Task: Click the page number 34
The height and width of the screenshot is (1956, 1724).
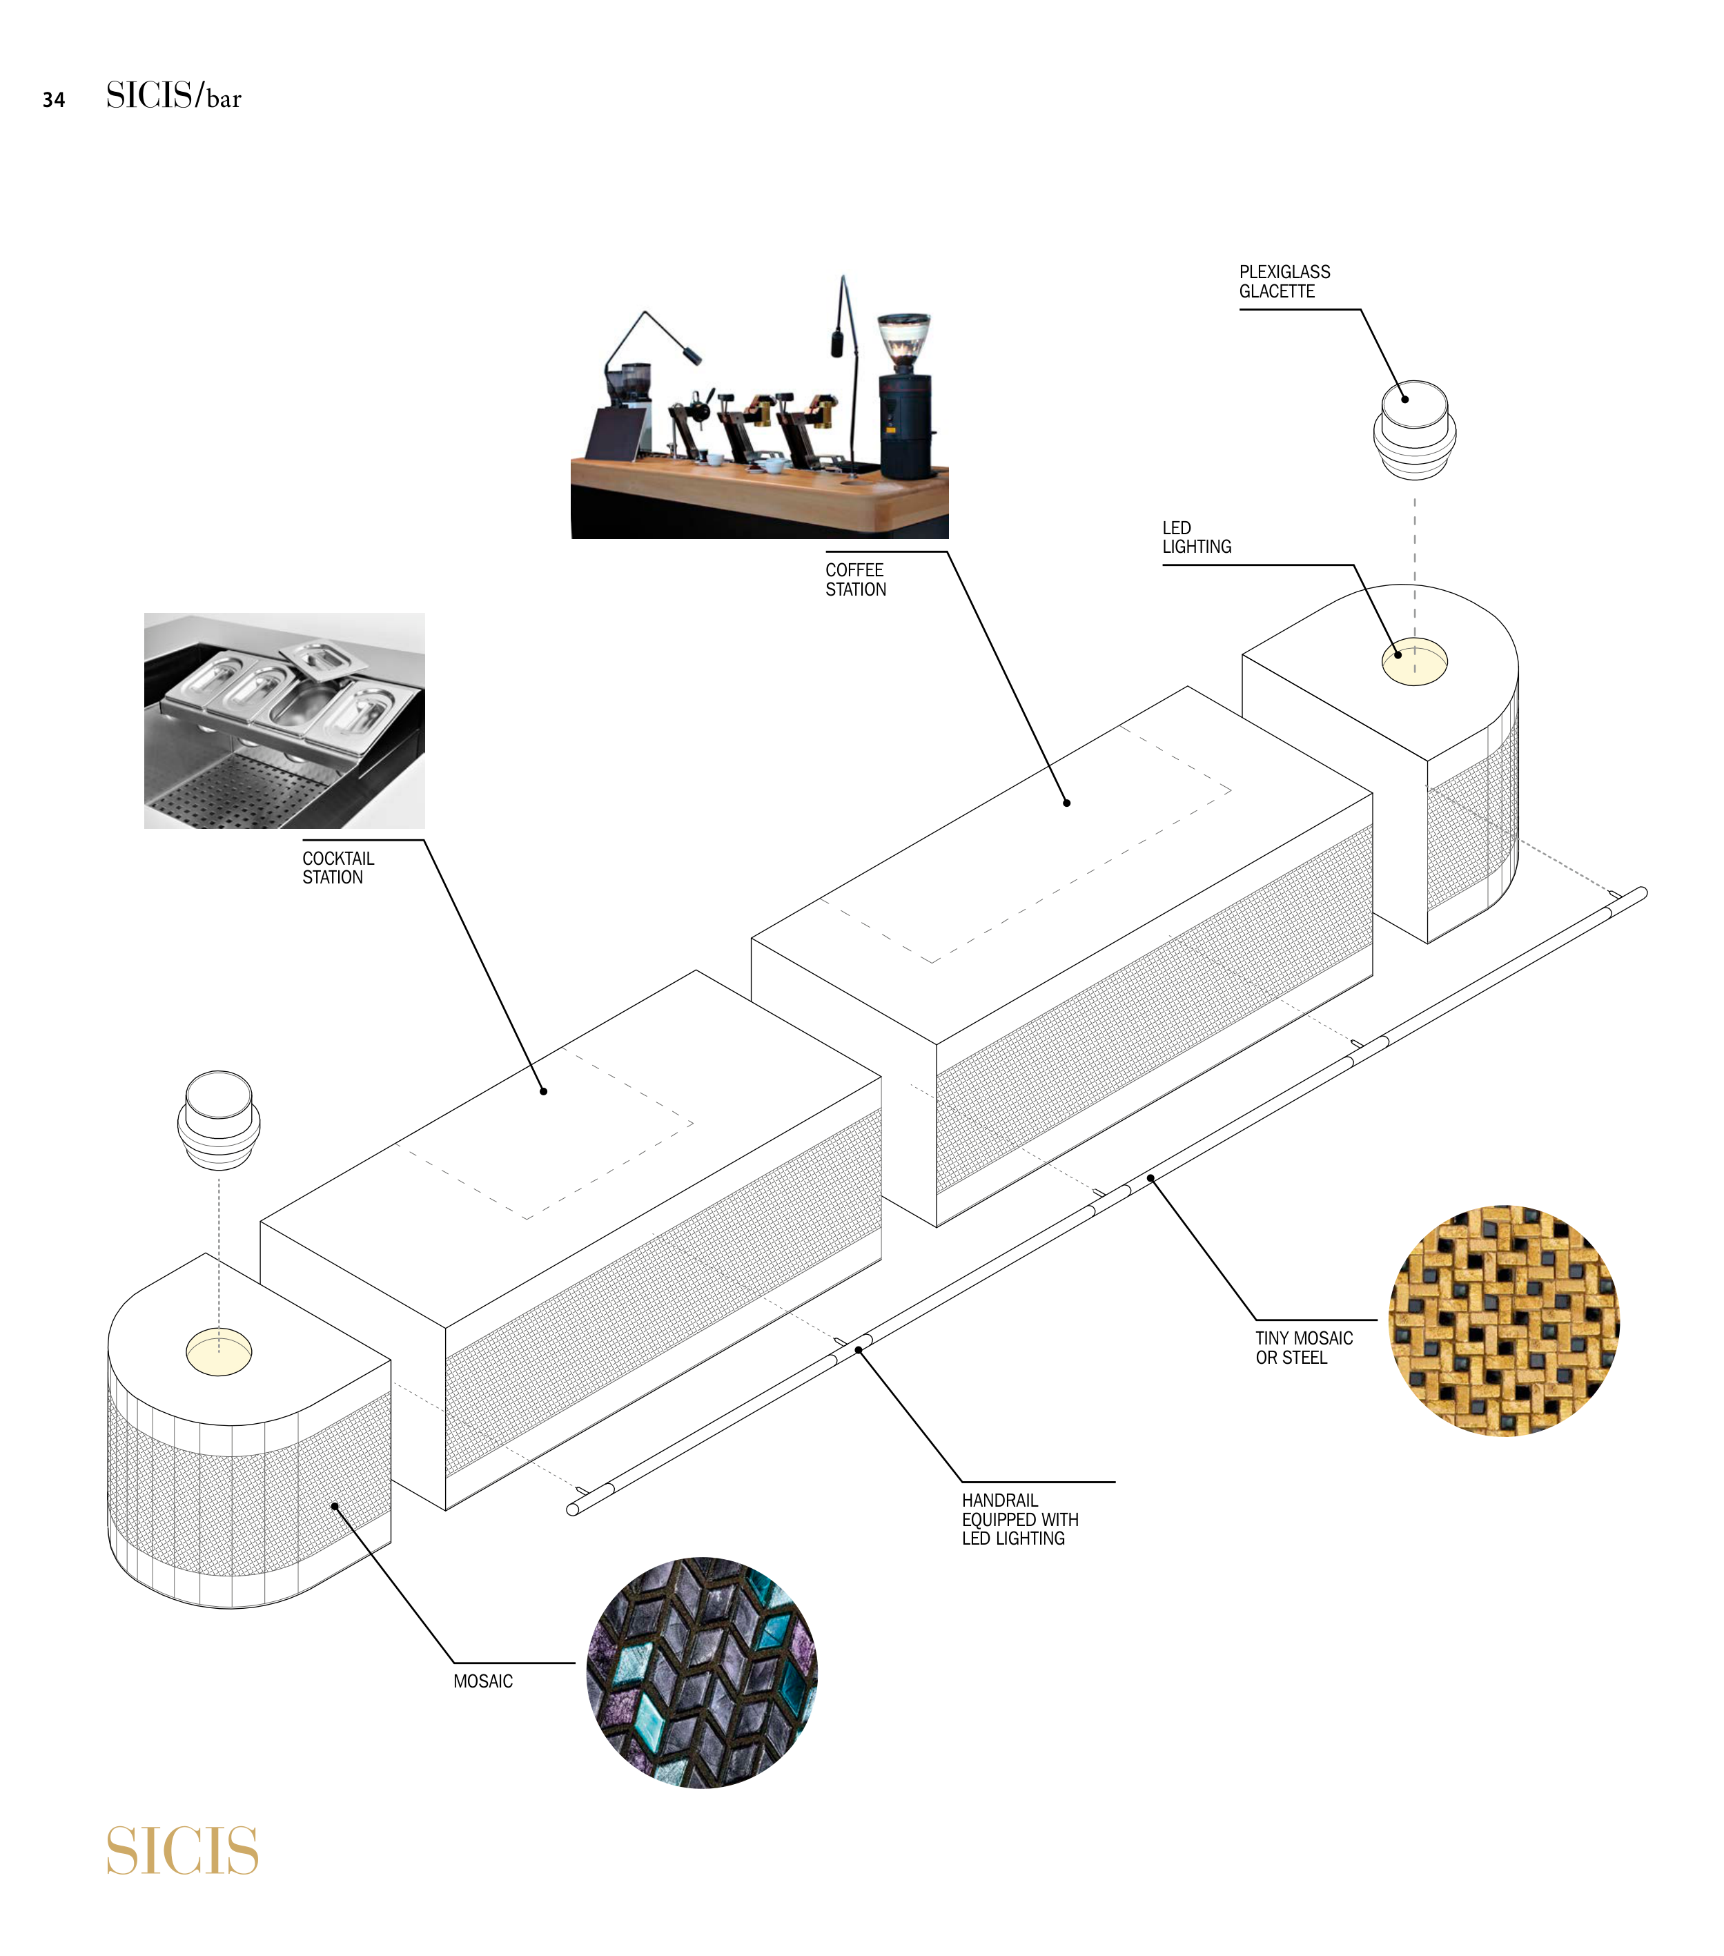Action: click(54, 99)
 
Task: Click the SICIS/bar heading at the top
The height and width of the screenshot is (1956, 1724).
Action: click(173, 96)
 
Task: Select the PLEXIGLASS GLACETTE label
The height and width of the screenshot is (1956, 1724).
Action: click(1284, 282)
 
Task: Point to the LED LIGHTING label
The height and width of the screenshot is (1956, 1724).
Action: click(1196, 537)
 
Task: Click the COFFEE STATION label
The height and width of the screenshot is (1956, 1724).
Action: click(855, 579)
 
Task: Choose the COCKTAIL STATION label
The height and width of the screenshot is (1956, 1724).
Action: click(337, 867)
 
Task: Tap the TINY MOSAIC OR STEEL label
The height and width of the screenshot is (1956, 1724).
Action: click(1303, 1347)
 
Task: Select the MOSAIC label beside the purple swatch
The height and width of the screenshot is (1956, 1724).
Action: click(482, 1681)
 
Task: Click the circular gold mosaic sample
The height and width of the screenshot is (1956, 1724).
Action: click(1503, 1320)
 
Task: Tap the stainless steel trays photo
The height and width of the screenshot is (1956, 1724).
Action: click(284, 720)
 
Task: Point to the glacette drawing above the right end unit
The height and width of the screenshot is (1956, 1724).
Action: click(1414, 429)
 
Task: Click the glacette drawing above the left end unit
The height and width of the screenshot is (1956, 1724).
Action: click(218, 1119)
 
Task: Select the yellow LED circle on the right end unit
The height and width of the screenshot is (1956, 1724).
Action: click(1414, 661)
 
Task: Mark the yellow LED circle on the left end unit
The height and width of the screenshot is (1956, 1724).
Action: click(218, 1352)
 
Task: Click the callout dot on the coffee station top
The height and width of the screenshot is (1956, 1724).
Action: click(1067, 803)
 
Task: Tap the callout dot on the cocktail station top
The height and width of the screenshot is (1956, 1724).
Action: click(543, 1091)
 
